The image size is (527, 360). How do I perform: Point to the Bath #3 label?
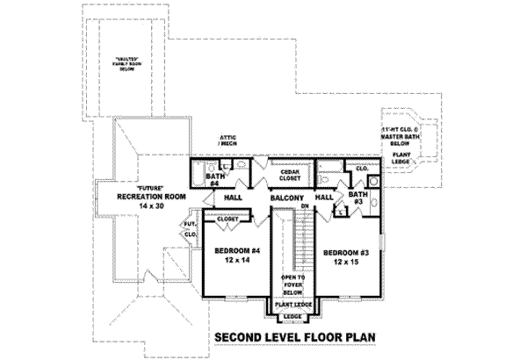pyautogui.click(x=357, y=198)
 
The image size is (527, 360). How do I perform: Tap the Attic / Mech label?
pyautogui.click(x=232, y=142)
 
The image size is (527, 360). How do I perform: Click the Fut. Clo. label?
pyautogui.click(x=190, y=232)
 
